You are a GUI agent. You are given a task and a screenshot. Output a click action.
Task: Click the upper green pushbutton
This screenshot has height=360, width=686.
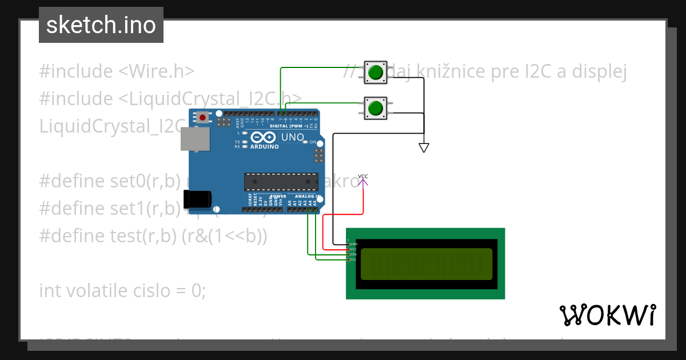(x=376, y=73)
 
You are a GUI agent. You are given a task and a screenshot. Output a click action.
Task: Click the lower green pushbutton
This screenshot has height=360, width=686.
(x=376, y=108)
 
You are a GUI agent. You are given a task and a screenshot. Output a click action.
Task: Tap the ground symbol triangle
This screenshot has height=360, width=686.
(x=424, y=148)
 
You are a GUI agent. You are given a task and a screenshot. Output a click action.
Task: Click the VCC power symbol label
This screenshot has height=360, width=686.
(x=363, y=177)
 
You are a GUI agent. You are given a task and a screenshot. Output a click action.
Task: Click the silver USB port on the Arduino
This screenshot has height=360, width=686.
(x=195, y=139)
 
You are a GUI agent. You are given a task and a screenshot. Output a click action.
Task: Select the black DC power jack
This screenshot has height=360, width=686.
(x=197, y=199)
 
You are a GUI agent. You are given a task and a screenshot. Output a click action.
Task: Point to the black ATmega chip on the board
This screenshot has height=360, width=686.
(x=281, y=182)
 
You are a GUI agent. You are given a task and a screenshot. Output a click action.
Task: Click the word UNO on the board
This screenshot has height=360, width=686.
(x=292, y=138)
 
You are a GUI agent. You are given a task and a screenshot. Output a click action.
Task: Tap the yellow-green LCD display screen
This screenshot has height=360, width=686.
(x=426, y=264)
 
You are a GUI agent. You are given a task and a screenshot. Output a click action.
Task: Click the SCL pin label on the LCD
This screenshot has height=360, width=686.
(x=353, y=259)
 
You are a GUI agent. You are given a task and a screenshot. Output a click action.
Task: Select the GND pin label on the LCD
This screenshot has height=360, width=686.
(x=353, y=244)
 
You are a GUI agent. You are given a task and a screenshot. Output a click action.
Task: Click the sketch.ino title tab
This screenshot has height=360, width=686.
(x=101, y=25)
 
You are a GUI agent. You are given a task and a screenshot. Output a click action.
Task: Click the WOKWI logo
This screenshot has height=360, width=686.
(x=607, y=315)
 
